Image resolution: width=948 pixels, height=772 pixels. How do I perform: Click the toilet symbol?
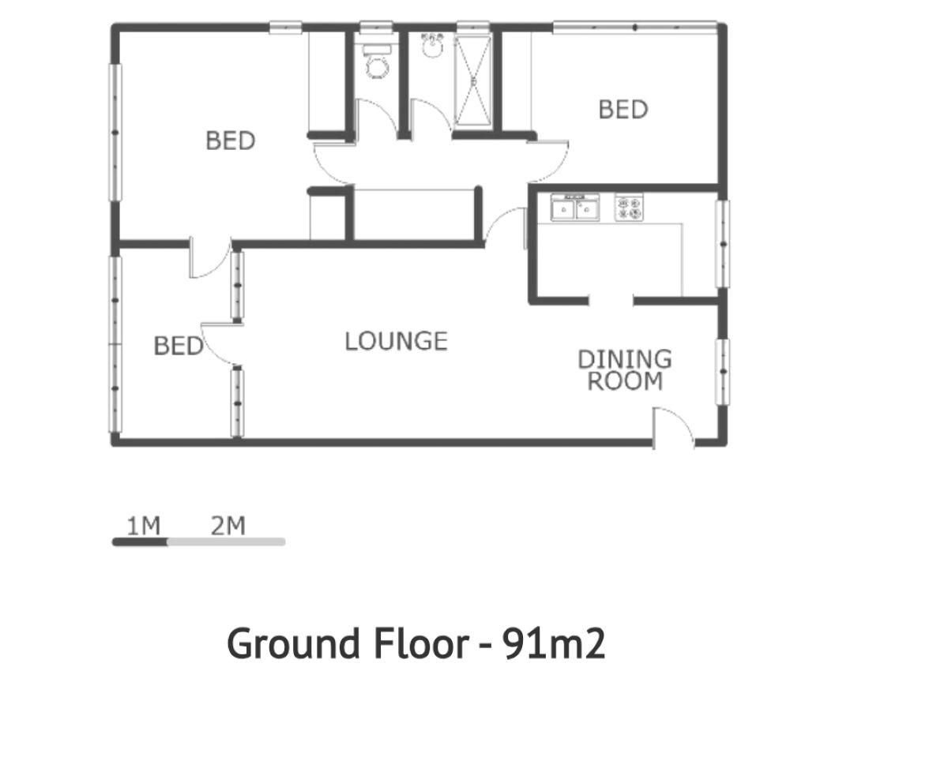pyautogui.click(x=377, y=62)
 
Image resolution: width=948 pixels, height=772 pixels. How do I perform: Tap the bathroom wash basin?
pyautogui.click(x=431, y=45)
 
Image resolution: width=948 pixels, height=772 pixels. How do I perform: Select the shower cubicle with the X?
pyautogui.click(x=473, y=81)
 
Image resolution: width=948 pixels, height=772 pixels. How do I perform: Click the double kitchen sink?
pyautogui.click(x=575, y=208)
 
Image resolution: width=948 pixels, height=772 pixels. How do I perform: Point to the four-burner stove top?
pyautogui.click(x=629, y=208)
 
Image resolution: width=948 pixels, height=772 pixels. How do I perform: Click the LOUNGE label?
pyautogui.click(x=396, y=341)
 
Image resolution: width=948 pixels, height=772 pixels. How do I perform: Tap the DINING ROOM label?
pyautogui.click(x=625, y=370)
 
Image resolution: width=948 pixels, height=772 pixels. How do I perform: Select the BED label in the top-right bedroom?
pyautogui.click(x=623, y=110)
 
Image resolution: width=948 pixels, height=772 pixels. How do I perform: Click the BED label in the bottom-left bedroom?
pyautogui.click(x=178, y=346)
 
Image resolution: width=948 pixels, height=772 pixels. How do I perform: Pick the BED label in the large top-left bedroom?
pyautogui.click(x=231, y=141)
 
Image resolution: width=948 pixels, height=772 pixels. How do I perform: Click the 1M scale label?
pyautogui.click(x=143, y=526)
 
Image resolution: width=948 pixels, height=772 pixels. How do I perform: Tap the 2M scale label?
pyautogui.click(x=228, y=526)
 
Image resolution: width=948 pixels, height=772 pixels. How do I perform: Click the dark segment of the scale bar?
pyautogui.click(x=140, y=542)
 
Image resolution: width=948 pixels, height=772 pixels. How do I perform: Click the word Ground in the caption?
pyautogui.click(x=293, y=643)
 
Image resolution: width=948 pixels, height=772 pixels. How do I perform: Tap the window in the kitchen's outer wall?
pyautogui.click(x=722, y=244)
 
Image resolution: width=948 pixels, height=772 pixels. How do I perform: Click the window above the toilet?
pyautogui.click(x=376, y=27)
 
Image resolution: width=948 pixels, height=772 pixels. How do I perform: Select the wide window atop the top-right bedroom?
pyautogui.click(x=635, y=27)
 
